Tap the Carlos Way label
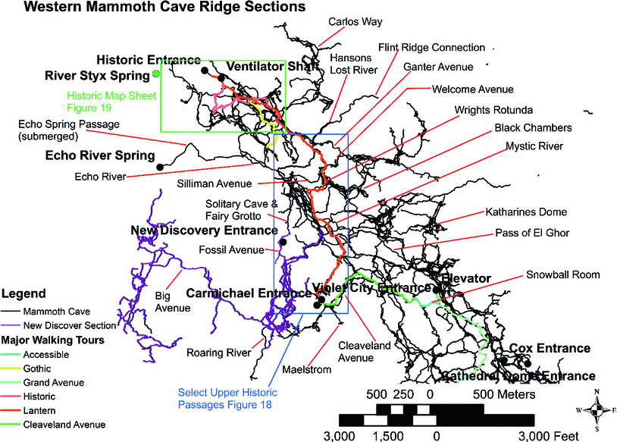tap(355, 22)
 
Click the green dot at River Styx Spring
tap(155, 74)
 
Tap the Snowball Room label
tap(562, 274)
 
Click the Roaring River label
tap(219, 352)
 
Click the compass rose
tap(598, 409)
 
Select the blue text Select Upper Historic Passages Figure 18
tap(227, 398)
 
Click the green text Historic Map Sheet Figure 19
tap(111, 102)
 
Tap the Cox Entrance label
tap(550, 348)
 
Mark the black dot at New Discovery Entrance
tap(283, 242)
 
